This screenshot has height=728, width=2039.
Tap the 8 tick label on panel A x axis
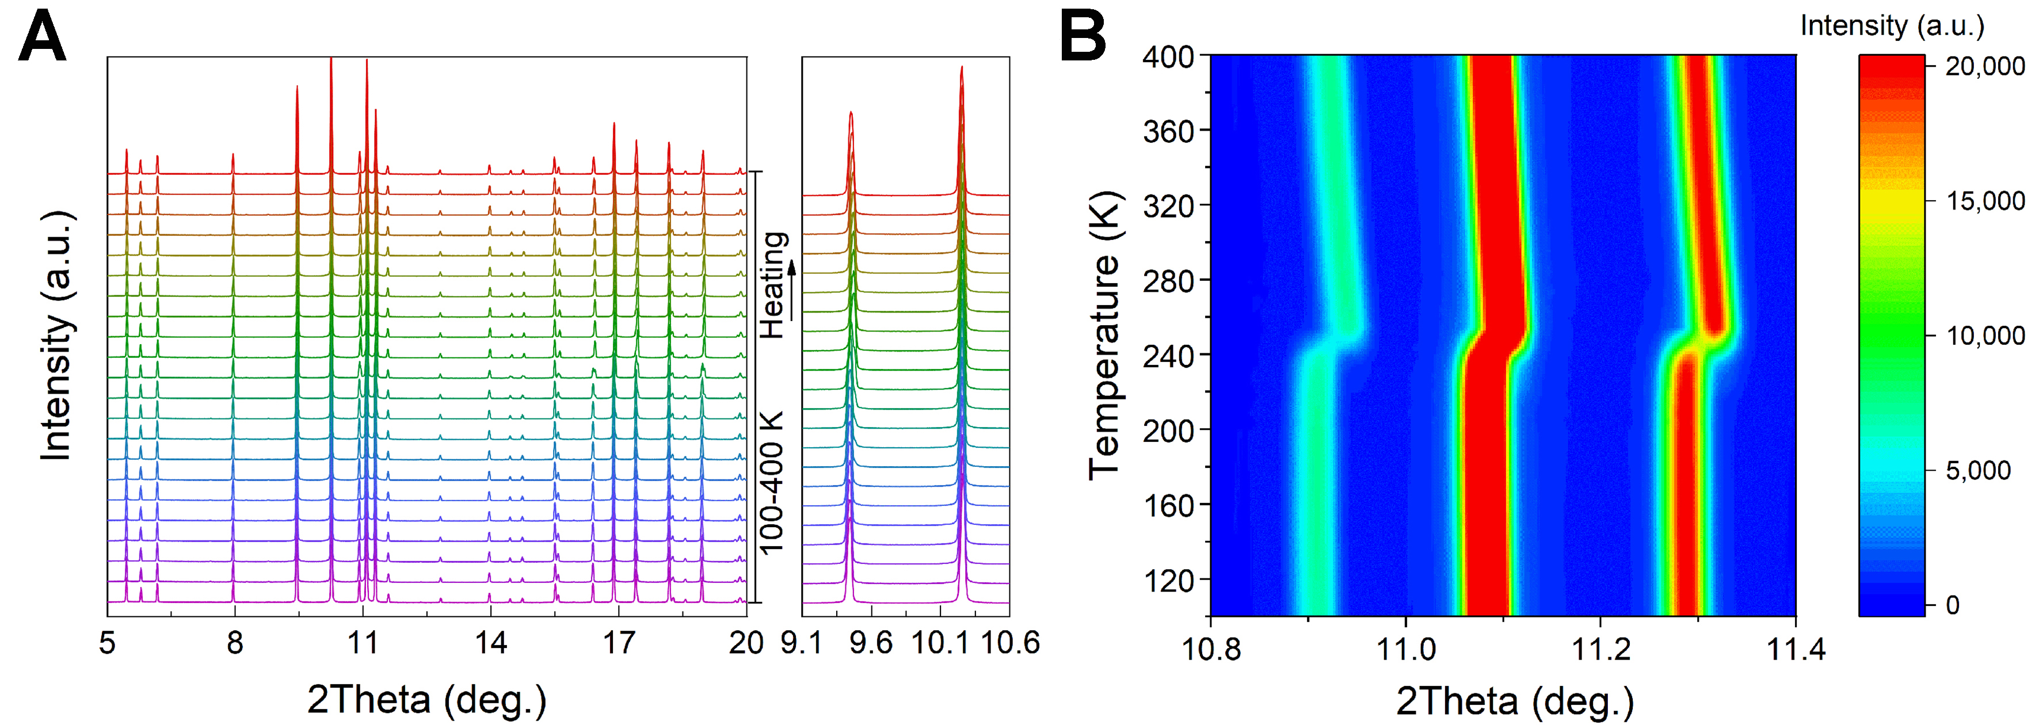click(x=234, y=642)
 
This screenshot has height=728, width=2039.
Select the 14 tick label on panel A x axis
click(x=491, y=642)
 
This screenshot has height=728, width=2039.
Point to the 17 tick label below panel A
click(x=619, y=642)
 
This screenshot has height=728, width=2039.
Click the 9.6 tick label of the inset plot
click(x=871, y=642)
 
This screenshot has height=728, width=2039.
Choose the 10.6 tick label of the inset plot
click(x=1010, y=642)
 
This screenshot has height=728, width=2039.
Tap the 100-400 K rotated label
click(x=771, y=483)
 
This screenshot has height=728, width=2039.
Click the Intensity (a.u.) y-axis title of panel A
click(x=57, y=336)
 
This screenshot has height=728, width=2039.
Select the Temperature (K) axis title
click(x=1105, y=336)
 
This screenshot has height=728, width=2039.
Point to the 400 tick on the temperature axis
click(x=1168, y=57)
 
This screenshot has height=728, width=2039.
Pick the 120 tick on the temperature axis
click(x=1168, y=581)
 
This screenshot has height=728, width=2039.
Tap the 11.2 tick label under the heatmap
click(x=1600, y=649)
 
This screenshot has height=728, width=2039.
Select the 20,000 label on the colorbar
click(x=1985, y=67)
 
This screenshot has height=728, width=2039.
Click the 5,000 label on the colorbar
click(x=1978, y=471)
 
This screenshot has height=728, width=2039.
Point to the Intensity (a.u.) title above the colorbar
click(x=1892, y=25)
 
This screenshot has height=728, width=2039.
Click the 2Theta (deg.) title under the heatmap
click(x=1514, y=701)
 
